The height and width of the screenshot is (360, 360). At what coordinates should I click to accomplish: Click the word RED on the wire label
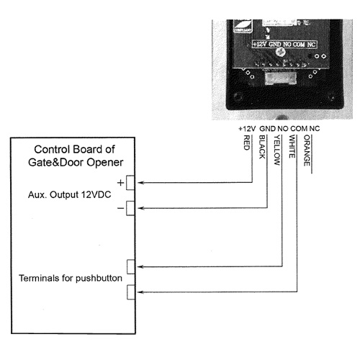(x=247, y=143)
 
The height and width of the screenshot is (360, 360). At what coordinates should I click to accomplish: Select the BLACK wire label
(x=262, y=147)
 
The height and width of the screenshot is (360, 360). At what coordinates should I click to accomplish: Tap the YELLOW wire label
(x=277, y=150)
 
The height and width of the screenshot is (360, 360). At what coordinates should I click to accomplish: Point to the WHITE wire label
(x=292, y=146)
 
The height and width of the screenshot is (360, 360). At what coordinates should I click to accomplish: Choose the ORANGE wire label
(x=307, y=150)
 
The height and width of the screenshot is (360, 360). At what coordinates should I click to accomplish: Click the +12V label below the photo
(x=247, y=129)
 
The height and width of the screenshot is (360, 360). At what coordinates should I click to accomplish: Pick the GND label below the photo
(x=267, y=129)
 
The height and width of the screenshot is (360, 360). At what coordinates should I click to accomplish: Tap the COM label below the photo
(x=299, y=129)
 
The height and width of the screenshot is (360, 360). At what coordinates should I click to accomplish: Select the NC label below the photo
(x=315, y=129)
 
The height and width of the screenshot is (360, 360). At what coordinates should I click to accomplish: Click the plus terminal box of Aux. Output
(x=130, y=183)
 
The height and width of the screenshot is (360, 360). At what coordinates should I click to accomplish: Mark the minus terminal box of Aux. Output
(x=130, y=208)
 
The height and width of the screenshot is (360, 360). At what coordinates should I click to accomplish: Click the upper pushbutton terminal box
(x=131, y=266)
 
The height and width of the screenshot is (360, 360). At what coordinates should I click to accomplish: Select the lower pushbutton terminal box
(x=131, y=292)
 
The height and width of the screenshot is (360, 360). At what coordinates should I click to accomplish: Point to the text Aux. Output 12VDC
(x=70, y=194)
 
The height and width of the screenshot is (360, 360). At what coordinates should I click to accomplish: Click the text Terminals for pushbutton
(x=71, y=278)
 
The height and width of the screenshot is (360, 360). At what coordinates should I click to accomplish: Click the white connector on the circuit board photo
(x=281, y=78)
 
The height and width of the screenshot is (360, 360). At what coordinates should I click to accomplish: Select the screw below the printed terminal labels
(x=280, y=52)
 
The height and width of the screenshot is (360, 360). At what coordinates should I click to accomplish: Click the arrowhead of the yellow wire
(x=140, y=266)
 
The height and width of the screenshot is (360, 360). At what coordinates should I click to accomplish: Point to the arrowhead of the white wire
(x=140, y=292)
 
